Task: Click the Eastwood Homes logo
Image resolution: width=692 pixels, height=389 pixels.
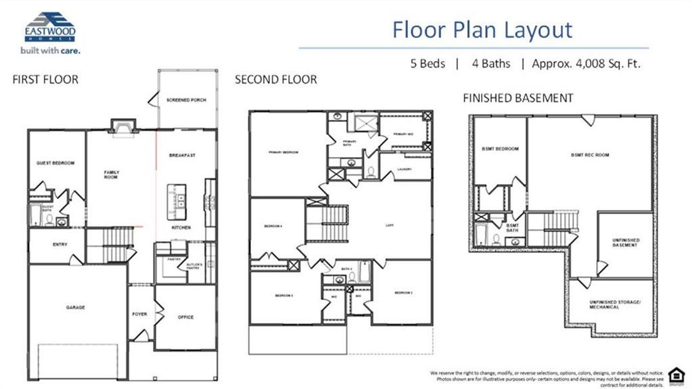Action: [x=49, y=31]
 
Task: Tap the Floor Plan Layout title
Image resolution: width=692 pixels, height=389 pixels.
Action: [x=483, y=29]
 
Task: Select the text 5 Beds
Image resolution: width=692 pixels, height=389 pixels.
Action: [x=427, y=64]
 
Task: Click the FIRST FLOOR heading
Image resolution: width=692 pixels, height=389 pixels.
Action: [x=45, y=80]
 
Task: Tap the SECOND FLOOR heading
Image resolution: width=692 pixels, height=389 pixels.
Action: [x=276, y=80]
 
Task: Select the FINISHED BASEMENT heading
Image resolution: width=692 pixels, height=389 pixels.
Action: [x=518, y=98]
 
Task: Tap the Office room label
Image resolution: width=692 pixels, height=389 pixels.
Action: [x=185, y=317]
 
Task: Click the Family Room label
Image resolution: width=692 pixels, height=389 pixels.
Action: [x=112, y=174]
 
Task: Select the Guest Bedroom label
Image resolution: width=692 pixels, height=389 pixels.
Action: [x=56, y=163]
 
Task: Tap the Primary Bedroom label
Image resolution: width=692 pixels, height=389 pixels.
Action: [x=283, y=152]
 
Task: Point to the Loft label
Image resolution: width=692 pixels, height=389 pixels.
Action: [x=389, y=225]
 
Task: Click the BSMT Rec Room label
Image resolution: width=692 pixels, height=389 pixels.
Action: [x=590, y=155]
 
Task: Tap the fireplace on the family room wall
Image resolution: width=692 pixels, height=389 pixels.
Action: [x=122, y=126]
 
